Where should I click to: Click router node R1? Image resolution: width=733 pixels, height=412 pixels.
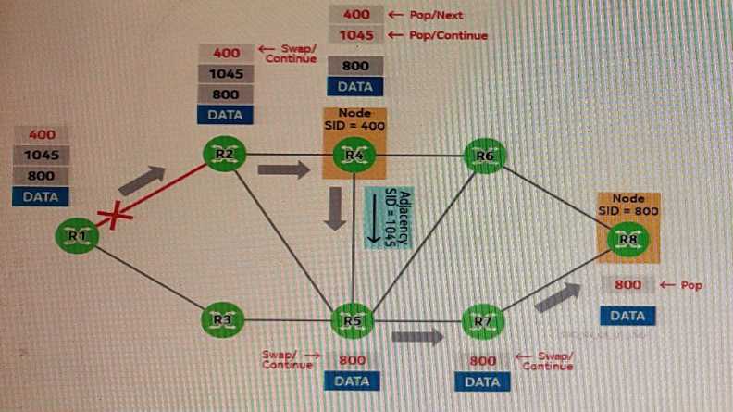pos(76,236)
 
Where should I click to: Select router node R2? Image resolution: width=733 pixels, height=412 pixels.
pos(223,155)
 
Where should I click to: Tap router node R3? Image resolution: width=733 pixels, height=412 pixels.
pos(222,319)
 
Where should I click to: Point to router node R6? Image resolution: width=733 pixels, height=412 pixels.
pos(484,156)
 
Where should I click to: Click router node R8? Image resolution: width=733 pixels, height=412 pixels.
pos(627,239)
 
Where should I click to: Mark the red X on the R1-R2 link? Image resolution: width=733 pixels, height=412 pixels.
pos(117,218)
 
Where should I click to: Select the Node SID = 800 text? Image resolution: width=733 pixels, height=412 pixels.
pos(628,205)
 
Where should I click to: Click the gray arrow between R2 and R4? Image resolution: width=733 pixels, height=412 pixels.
pos(282,169)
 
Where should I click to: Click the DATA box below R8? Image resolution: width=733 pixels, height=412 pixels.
pos(627,316)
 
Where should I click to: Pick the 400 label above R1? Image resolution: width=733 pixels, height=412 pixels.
pos(42,135)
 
